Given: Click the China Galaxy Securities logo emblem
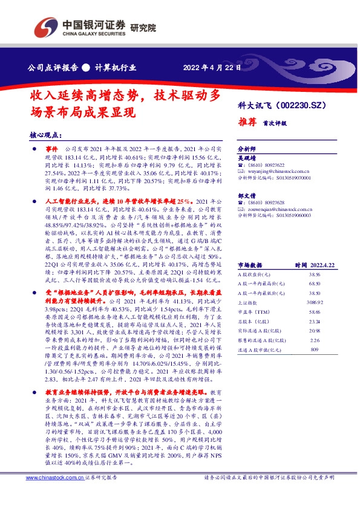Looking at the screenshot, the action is [46, 27].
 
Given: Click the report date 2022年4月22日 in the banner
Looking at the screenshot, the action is [208, 67].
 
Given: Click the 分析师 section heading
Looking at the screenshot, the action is [247, 149].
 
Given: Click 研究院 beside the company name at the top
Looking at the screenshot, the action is [143, 28].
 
